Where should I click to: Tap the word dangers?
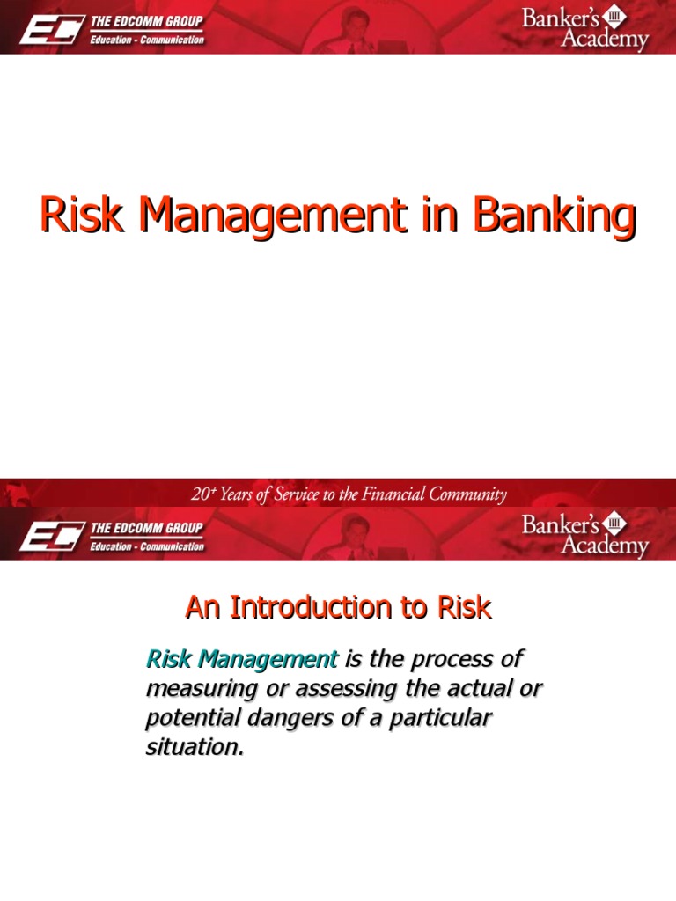pyautogui.click(x=298, y=719)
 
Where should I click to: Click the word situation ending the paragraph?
pyautogui.click(x=193, y=749)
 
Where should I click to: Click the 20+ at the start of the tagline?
pyautogui.click(x=202, y=494)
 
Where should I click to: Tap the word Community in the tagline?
pyautogui.click(x=467, y=494)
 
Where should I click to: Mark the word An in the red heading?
pyautogui.click(x=200, y=607)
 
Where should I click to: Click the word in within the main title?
pyautogui.click(x=431, y=216)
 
